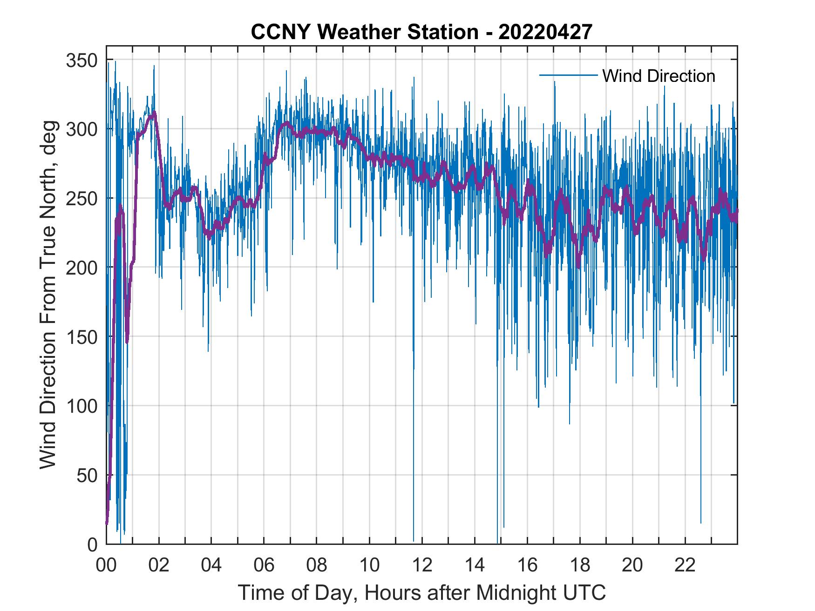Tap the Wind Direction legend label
659,76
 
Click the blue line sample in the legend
568,75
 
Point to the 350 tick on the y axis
82,60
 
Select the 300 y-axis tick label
82,129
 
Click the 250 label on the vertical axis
82,199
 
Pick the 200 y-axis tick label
82,268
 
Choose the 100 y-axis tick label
82,406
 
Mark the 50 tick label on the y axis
87,476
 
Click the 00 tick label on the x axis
106,565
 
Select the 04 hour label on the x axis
211,565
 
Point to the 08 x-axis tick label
317,565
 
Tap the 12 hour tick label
422,565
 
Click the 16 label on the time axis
527,565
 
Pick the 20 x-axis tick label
632,565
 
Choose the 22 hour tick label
685,565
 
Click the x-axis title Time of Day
422,593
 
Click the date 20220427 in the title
545,32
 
